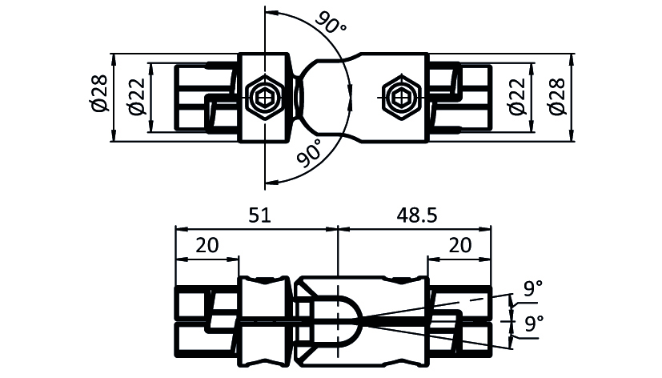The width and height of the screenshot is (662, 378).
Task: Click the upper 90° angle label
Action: tap(331, 22)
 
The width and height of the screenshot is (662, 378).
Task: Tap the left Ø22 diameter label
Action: tap(136, 97)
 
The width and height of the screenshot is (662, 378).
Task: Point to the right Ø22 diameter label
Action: tap(518, 97)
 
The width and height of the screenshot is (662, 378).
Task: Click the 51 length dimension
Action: tap(259, 215)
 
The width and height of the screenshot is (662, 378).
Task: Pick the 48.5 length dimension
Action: tap(417, 215)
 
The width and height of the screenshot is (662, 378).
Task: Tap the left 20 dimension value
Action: tap(207, 245)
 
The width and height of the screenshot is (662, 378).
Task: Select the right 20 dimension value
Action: tap(459, 245)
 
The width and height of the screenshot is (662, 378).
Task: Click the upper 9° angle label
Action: tap(533, 288)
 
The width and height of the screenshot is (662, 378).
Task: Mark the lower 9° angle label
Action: tap(534, 324)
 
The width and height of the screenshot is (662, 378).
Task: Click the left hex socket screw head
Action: tap(265, 98)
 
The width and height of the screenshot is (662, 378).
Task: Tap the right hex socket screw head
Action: tap(400, 98)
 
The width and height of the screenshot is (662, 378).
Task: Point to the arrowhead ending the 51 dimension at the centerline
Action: tap(332, 229)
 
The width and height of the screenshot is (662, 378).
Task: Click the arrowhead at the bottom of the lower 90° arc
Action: tap(271, 182)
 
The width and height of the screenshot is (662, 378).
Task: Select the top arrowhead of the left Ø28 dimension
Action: tap(113, 59)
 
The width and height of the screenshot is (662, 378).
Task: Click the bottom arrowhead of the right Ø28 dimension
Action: tap(572, 135)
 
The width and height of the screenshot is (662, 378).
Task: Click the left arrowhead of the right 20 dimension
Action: tap(434, 259)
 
